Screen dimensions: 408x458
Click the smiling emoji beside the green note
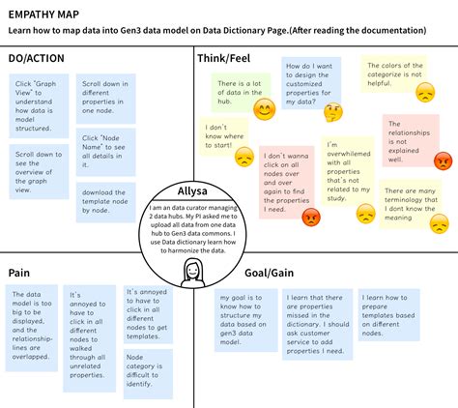coord(265,110)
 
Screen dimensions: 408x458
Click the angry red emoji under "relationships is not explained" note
coord(443,160)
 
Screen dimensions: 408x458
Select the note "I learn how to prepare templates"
coord(388,313)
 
